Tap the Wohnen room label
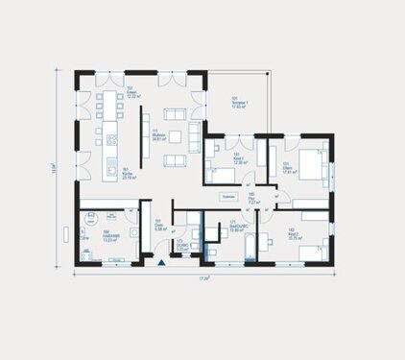[x=153, y=137]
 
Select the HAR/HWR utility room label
[x=97, y=237]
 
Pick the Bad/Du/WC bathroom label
[x=239, y=228]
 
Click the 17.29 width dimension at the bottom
[x=202, y=278]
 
